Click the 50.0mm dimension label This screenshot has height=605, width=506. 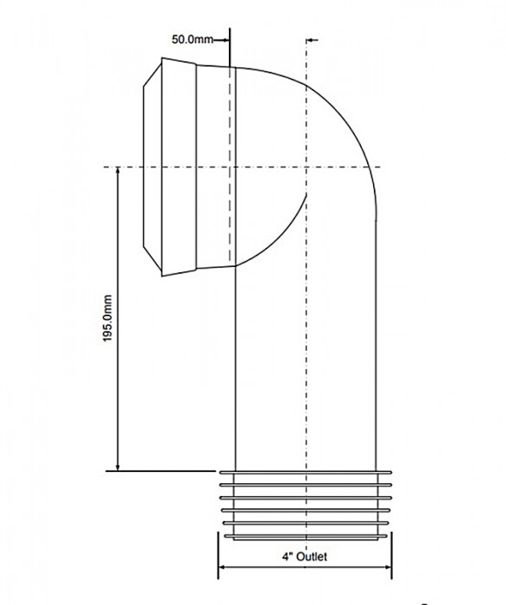tap(193, 40)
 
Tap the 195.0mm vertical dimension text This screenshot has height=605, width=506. tap(108, 318)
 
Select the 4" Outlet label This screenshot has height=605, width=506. tap(305, 557)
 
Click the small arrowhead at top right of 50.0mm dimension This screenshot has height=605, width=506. tap(313, 40)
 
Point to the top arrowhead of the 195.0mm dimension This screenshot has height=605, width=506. tap(118, 172)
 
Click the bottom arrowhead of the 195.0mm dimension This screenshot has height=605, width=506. tap(118, 466)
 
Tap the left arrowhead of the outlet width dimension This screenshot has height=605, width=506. tap(224, 567)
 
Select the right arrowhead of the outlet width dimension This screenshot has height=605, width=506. tap(386, 567)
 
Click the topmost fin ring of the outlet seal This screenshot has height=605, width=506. tap(306, 472)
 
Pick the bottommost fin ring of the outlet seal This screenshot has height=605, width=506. tap(306, 536)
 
